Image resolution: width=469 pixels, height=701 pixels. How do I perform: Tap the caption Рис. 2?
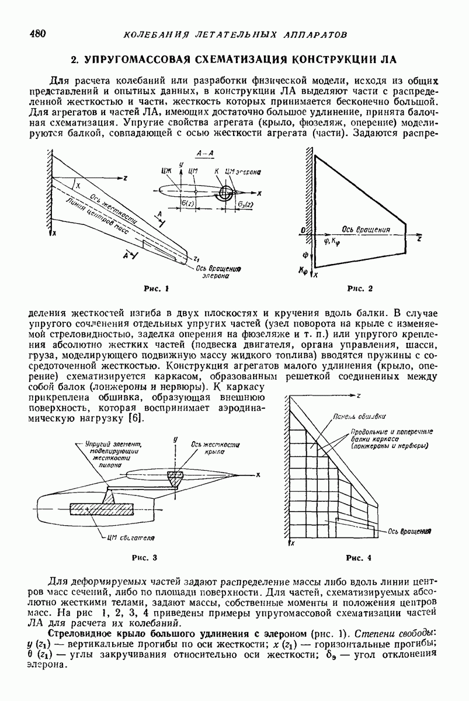359,289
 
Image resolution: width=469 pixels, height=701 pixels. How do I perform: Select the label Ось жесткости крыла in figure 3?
214,448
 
